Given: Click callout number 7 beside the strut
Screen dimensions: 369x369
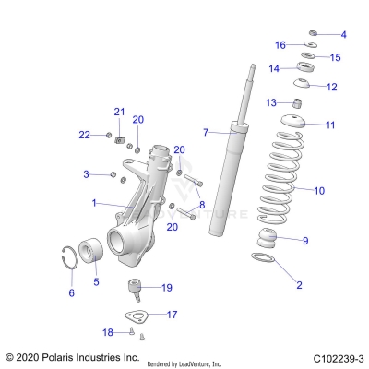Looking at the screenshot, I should (207, 131).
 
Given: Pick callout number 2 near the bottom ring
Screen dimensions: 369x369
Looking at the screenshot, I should (298, 285).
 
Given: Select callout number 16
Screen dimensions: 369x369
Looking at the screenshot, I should (281, 44).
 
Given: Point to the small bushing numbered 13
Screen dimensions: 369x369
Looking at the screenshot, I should (298, 101).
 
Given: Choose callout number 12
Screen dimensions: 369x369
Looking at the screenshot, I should (331, 87).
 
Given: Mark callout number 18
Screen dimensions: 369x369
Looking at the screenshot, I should (107, 332).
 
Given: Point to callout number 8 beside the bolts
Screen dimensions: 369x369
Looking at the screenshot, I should (202, 204).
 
